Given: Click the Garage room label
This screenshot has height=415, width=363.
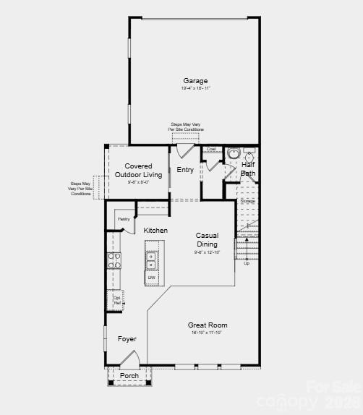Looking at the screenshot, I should [195, 81].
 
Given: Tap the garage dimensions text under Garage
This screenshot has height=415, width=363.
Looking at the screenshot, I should [195, 88].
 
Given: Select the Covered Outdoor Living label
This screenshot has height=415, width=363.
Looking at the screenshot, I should [138, 171].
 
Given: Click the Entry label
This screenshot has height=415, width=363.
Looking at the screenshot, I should [185, 170].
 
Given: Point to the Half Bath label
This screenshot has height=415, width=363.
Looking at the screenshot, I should [248, 169].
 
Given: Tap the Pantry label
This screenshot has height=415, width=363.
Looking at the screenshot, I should [123, 218].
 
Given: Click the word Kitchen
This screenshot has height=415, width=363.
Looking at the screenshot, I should [155, 231].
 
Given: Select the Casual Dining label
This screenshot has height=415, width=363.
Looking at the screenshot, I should [207, 240].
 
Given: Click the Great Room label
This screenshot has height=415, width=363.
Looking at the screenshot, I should [208, 325].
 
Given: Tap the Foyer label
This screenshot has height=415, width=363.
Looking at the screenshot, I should [127, 339].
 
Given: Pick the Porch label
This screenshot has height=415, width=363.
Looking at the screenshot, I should [129, 376].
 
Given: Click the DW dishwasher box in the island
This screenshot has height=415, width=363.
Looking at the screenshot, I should [152, 278].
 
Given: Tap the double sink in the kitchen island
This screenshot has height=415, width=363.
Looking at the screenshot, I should [151, 260].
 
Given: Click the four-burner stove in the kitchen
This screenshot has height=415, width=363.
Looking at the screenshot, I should [114, 260].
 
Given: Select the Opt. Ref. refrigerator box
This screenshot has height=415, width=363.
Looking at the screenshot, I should [116, 299].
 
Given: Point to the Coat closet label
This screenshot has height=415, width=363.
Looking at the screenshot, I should [210, 149].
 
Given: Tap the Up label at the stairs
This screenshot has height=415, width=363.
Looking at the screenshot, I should [247, 263].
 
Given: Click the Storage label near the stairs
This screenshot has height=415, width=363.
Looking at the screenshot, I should [248, 201].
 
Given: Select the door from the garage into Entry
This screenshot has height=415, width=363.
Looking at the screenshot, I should [185, 151].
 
